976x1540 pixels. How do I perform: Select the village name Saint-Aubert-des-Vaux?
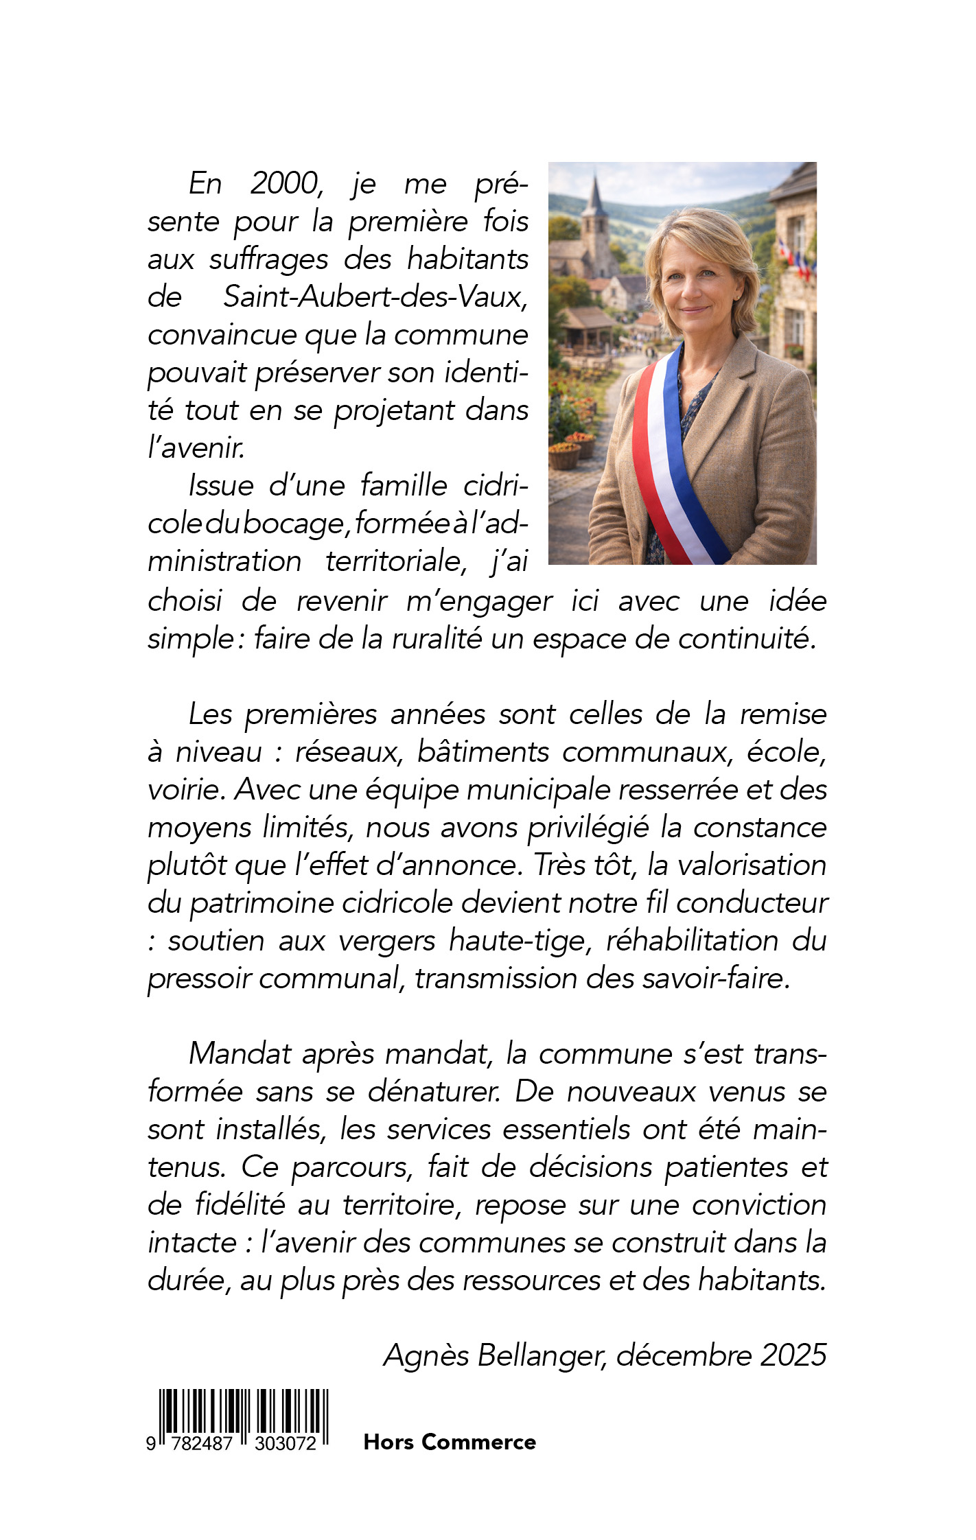(x=375, y=297)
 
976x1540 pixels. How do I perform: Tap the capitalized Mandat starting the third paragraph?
(x=240, y=1054)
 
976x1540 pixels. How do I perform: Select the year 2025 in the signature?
(x=793, y=1355)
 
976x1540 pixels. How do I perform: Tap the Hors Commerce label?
(x=450, y=1442)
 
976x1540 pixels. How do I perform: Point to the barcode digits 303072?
(x=286, y=1444)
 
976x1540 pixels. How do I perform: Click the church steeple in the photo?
(x=594, y=206)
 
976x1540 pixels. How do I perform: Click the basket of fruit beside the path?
(x=565, y=454)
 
